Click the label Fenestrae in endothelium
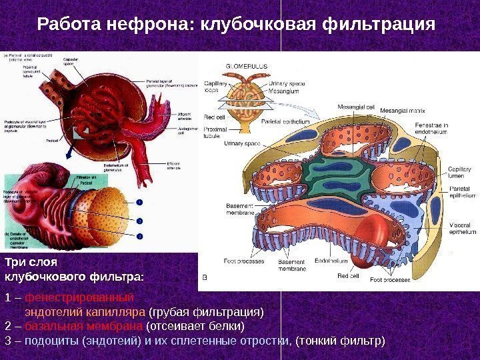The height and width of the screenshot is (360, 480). coord(432,129)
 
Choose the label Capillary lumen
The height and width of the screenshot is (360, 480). coord(460,173)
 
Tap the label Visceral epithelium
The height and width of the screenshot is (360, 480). coord(462,229)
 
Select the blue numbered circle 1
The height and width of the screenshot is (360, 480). coord(141,202)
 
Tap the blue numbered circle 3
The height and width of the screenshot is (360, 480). coord(141,235)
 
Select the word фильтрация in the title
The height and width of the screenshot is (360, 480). coord(377,25)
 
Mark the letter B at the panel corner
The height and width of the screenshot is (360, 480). coord(205,275)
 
